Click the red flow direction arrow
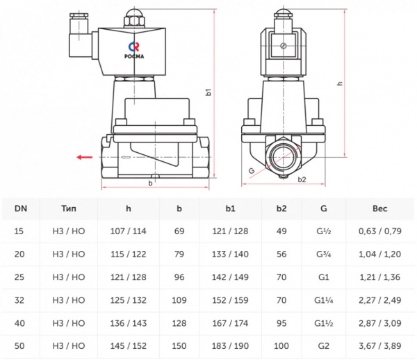pyautogui.click(x=85, y=158)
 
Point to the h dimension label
pyautogui.click(x=339, y=83)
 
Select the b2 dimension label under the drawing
pyautogui.click(x=302, y=180)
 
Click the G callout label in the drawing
pyautogui.click(x=252, y=170)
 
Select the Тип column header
pyautogui.click(x=69, y=208)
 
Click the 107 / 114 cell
pyautogui.click(x=128, y=231)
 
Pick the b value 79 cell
pyautogui.click(x=179, y=254)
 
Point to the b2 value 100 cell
pyautogui.click(x=281, y=346)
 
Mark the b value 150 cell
pyautogui.click(x=179, y=346)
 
